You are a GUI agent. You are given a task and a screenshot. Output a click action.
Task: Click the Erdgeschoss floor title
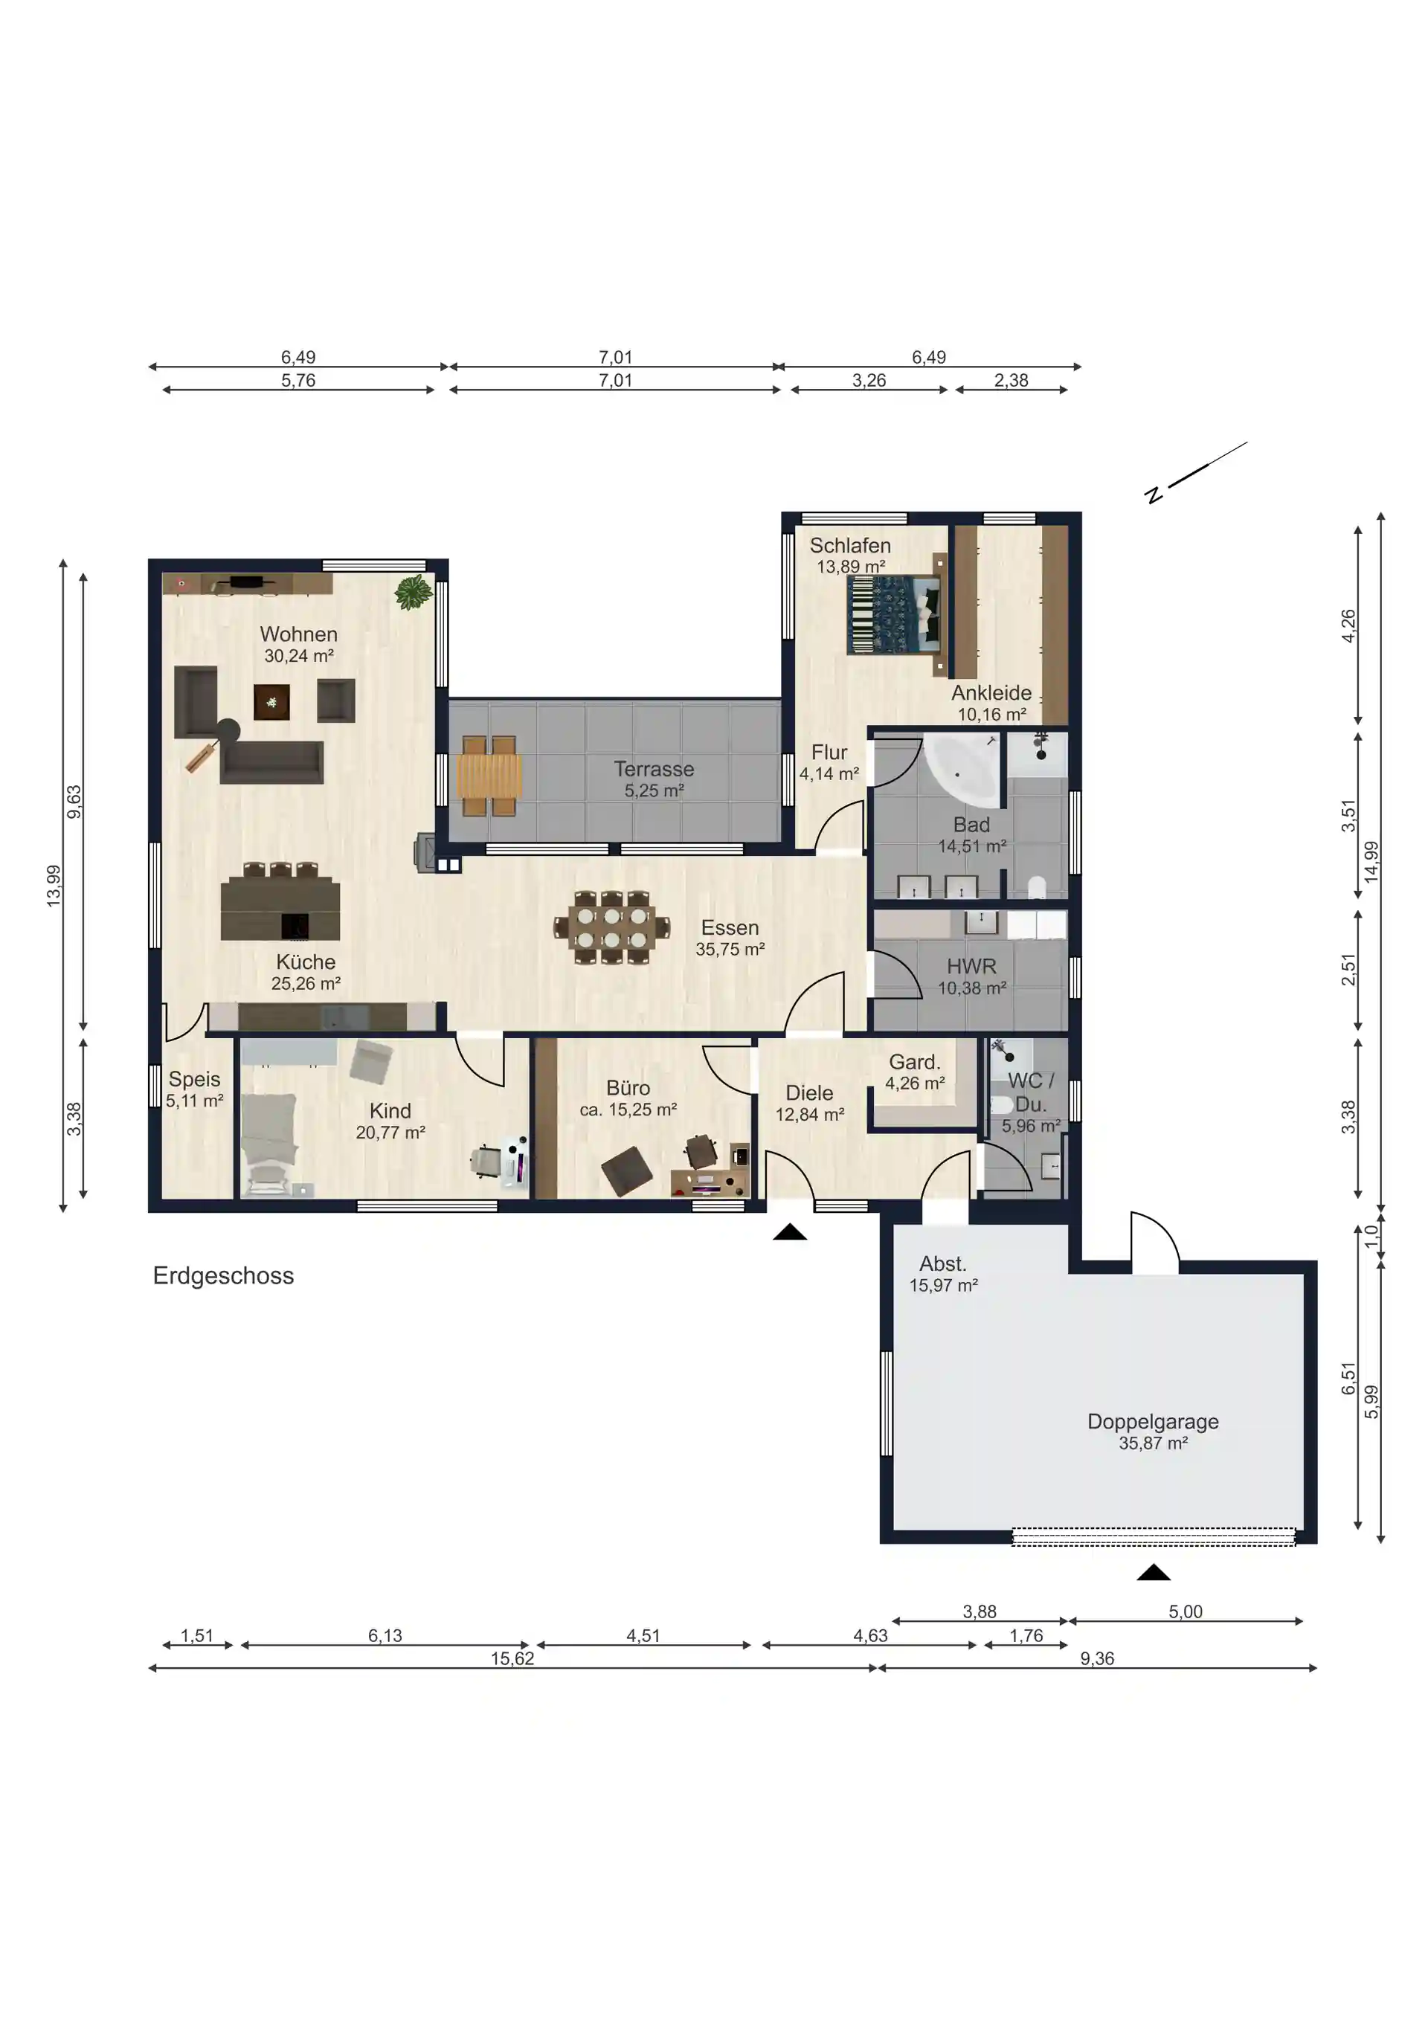[223, 1276]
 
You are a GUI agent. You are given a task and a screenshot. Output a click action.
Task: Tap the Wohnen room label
[299, 634]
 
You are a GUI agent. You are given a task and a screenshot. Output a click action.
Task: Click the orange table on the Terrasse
[489, 776]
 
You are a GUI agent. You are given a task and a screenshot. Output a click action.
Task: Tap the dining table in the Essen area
[612, 928]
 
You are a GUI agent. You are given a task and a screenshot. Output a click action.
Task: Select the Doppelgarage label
[1153, 1421]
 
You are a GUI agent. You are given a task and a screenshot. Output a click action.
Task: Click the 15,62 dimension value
[512, 1658]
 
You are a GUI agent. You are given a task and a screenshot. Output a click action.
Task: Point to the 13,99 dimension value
[54, 886]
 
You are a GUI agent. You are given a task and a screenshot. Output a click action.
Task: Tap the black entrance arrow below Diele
[790, 1232]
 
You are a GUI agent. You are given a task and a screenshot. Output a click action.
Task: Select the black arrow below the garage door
[1153, 1572]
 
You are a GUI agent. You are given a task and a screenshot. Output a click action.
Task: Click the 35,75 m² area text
[730, 950]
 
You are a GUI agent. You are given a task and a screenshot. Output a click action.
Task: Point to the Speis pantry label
[194, 1079]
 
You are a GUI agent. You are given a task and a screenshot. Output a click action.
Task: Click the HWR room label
[971, 967]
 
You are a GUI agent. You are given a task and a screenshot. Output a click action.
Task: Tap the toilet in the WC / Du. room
[1002, 1104]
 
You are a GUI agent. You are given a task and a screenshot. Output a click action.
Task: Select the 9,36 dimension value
[1096, 1658]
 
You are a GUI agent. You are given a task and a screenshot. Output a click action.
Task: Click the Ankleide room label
[992, 693]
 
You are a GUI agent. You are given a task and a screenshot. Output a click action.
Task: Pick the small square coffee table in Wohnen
[271, 702]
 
